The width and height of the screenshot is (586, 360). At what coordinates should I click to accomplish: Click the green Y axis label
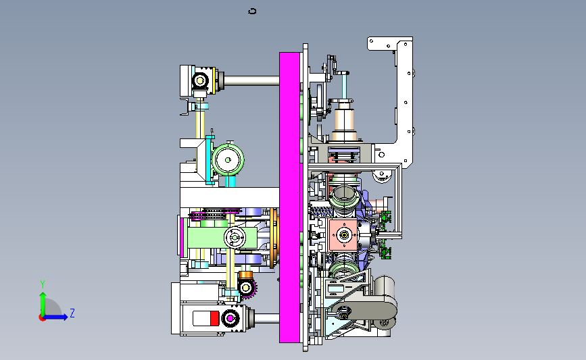42,284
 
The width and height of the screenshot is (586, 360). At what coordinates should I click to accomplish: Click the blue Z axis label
72,313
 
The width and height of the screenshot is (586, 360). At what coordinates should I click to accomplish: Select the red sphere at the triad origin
42,318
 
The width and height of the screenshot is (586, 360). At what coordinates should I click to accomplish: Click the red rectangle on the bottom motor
214,319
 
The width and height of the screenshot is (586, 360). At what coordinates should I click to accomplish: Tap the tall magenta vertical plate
290,197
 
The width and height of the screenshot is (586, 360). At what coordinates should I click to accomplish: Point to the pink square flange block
343,235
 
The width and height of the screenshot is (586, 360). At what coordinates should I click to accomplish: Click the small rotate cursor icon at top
252,11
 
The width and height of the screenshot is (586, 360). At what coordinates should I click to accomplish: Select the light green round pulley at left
228,160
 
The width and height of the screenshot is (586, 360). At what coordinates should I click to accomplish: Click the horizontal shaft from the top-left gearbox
251,80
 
